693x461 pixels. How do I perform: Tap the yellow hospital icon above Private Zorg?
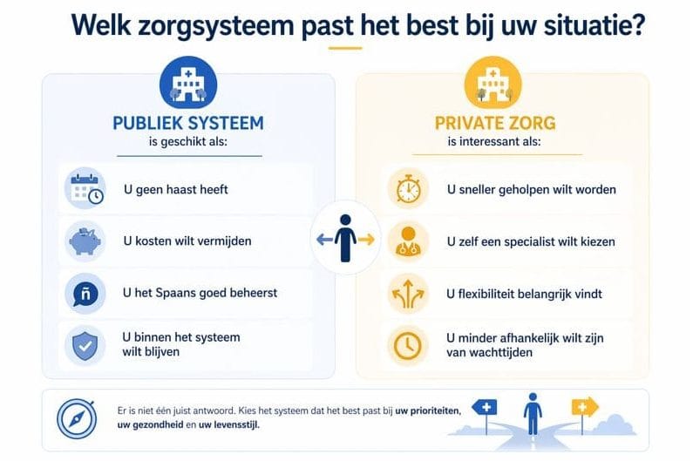pyautogui.click(x=493, y=84)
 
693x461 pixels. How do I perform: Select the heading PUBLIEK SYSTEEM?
pyautogui.click(x=188, y=123)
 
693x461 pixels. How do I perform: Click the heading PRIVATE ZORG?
pyautogui.click(x=493, y=123)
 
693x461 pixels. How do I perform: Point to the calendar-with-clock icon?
pyautogui.click(x=85, y=189)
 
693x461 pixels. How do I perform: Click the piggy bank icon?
pyautogui.click(x=85, y=241)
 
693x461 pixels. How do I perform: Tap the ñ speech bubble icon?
pyautogui.click(x=85, y=294)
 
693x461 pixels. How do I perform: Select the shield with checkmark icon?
pyautogui.click(x=85, y=345)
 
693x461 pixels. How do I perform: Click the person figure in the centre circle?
pyautogui.click(x=345, y=237)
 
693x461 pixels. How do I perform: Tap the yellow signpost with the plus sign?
pyautogui.click(x=583, y=407)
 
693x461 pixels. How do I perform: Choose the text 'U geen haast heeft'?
pyautogui.click(x=177, y=189)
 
